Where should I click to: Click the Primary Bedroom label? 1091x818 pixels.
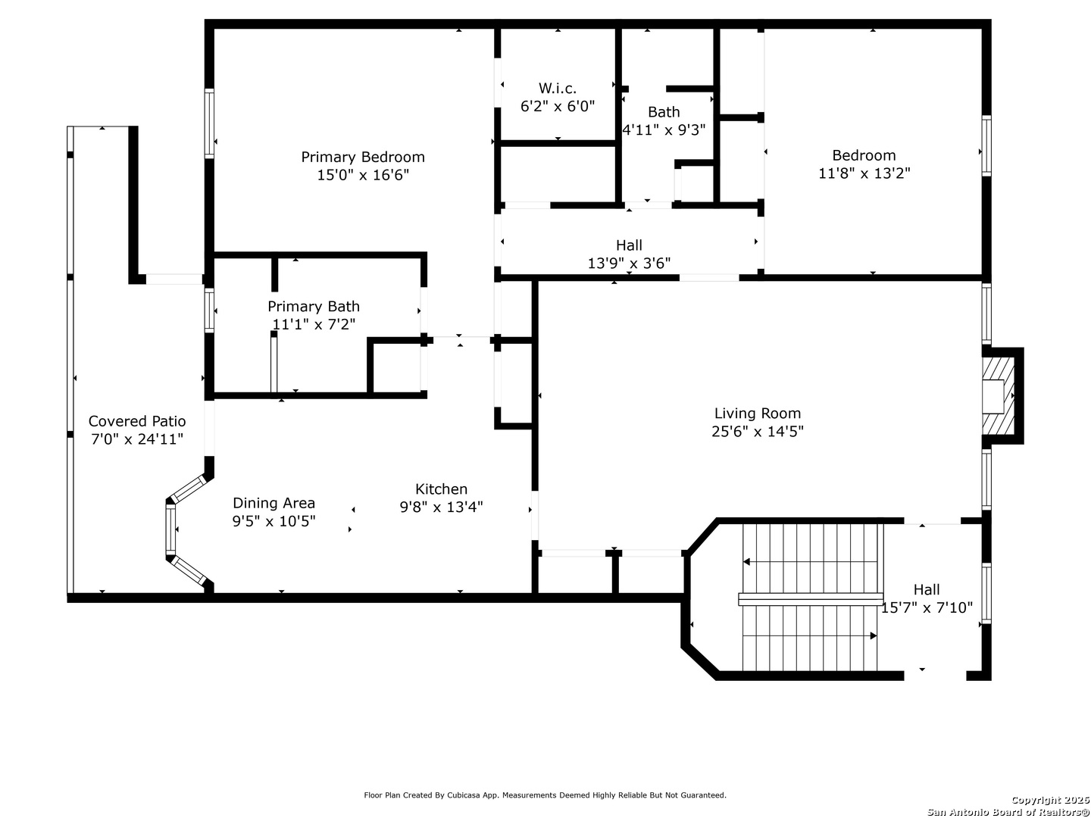click(362, 157)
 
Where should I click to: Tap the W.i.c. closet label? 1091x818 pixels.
click(557, 89)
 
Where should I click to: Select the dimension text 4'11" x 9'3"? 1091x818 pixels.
click(664, 130)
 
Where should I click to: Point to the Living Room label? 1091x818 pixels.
click(757, 414)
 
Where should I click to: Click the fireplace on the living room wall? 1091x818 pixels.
click(1001, 396)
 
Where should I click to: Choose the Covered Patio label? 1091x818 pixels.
click(136, 421)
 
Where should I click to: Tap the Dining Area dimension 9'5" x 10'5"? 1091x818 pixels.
click(274, 521)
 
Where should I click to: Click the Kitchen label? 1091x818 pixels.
click(441, 489)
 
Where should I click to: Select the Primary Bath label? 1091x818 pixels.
click(313, 307)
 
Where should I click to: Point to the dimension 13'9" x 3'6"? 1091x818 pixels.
click(629, 264)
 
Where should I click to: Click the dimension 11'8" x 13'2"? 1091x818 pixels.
click(864, 173)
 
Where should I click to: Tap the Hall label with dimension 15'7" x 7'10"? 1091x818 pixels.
click(927, 589)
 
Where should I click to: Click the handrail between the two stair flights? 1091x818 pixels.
click(810, 599)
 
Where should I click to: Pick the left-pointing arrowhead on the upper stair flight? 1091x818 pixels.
click(746, 562)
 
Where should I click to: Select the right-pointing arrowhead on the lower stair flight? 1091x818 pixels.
click(874, 635)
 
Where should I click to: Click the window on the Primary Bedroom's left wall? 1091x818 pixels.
click(209, 123)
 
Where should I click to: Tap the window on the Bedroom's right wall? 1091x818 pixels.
click(986, 145)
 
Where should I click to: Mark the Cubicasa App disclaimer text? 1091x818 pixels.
click(545, 795)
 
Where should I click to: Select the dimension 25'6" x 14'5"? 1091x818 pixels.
click(757, 431)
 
